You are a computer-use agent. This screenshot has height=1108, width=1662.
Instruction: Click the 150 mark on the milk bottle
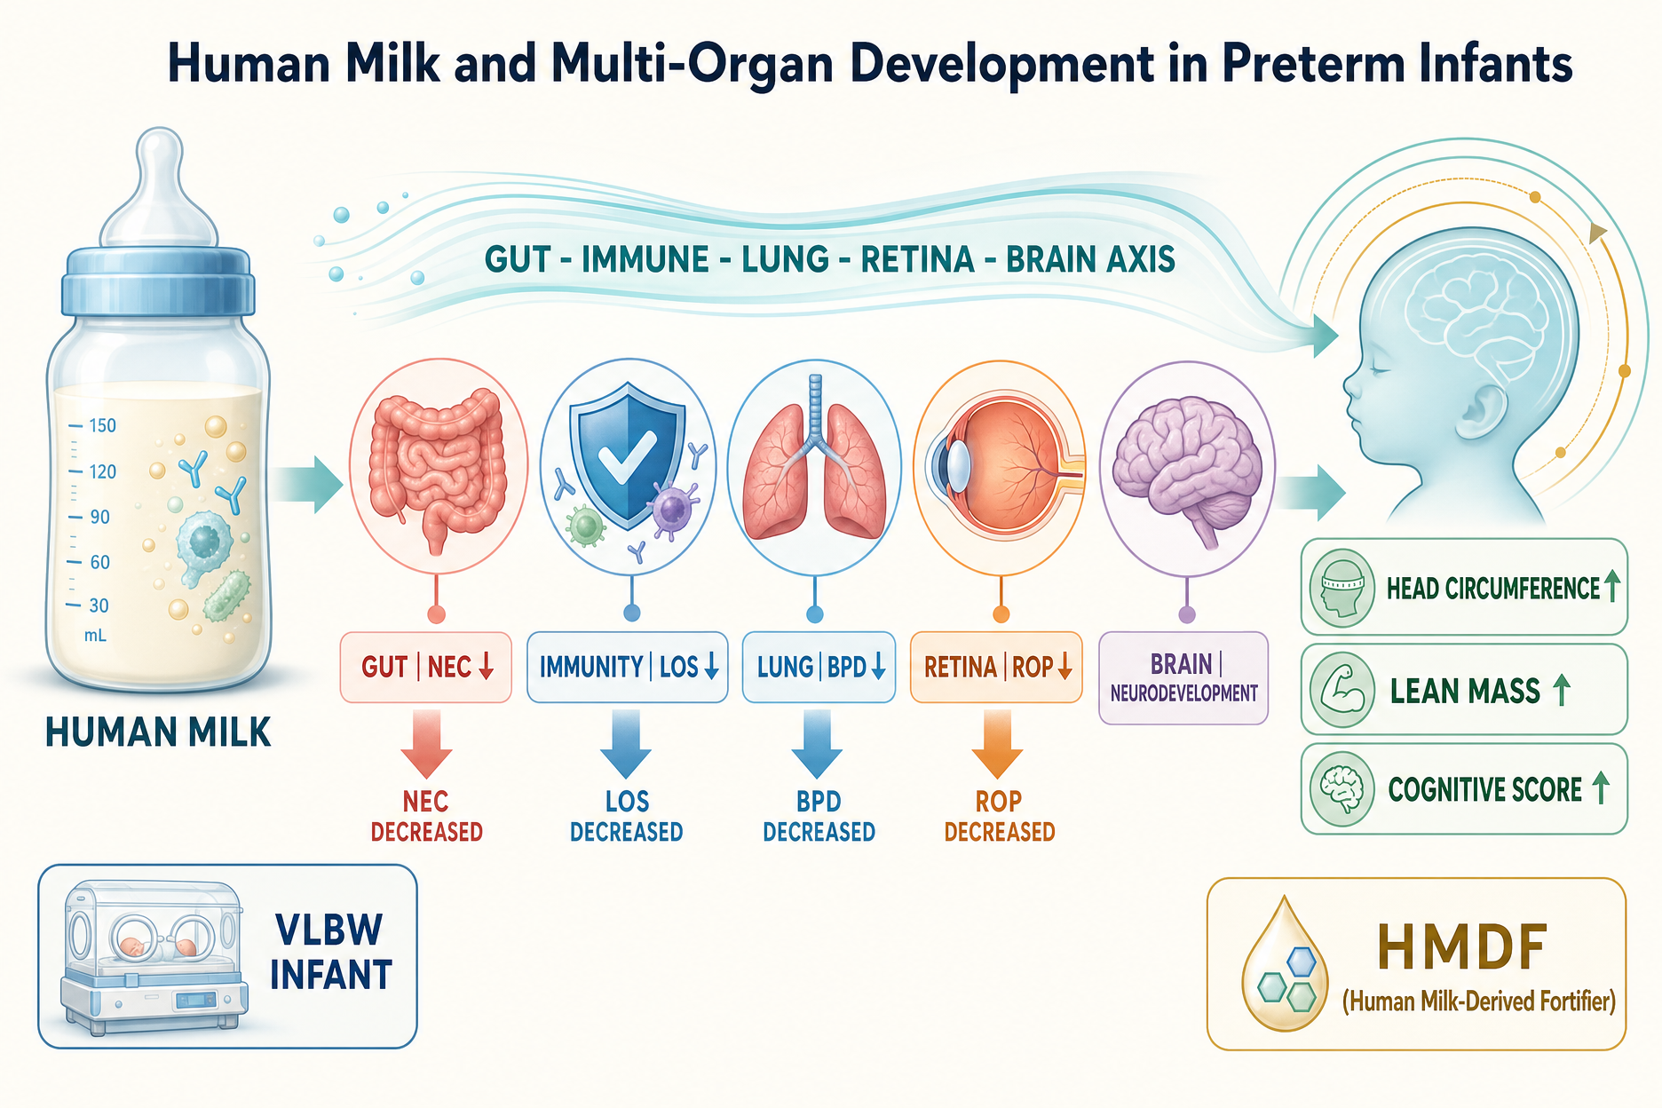(x=102, y=425)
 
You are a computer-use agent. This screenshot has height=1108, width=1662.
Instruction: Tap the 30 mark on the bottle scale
(x=99, y=605)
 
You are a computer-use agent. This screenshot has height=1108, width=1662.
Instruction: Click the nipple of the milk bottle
(x=159, y=186)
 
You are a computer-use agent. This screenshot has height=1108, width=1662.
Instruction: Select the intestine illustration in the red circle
(x=438, y=466)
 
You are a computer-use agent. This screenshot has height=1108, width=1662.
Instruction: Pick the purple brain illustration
(x=1187, y=470)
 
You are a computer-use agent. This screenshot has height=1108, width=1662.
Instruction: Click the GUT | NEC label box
(x=426, y=667)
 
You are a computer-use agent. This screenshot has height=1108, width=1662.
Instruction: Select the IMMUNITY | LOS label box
(x=628, y=667)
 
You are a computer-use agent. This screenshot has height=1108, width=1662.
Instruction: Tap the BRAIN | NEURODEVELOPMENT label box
(x=1183, y=677)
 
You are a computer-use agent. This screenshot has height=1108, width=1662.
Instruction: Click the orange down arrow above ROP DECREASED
(x=998, y=743)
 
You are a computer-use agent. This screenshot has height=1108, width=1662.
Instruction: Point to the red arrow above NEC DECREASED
(x=426, y=743)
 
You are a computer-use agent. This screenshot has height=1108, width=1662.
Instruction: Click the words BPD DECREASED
(x=819, y=816)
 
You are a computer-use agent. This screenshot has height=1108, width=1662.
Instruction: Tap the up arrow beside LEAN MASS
(x=1562, y=690)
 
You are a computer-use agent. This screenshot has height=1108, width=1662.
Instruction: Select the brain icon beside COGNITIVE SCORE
(x=1341, y=789)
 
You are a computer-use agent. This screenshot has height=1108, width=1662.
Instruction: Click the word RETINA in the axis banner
(x=918, y=259)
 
